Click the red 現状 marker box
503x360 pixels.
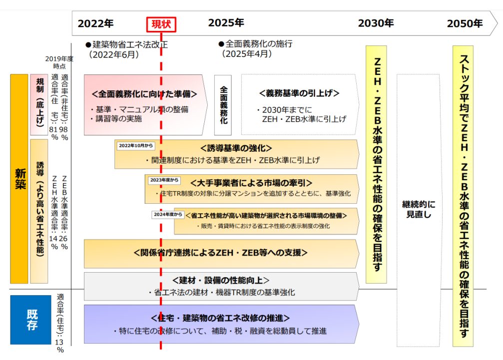161,23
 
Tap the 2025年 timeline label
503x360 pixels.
226,23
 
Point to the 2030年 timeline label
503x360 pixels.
376,23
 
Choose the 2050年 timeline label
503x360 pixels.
465,23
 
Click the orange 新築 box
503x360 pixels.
19,179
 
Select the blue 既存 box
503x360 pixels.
30,320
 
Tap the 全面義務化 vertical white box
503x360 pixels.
223,105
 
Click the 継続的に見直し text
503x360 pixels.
419,209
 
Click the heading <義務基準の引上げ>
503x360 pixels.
299,93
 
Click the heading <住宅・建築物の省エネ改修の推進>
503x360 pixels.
220,318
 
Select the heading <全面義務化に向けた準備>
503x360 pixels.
144,94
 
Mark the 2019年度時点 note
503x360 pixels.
59,62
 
